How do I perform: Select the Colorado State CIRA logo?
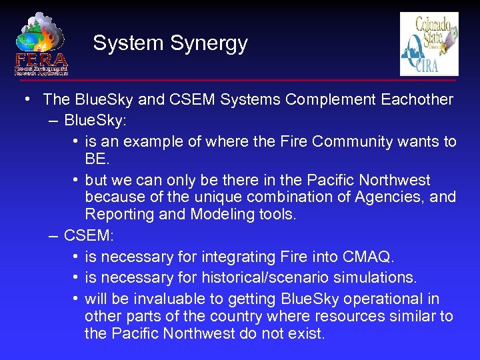(x=429, y=44)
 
